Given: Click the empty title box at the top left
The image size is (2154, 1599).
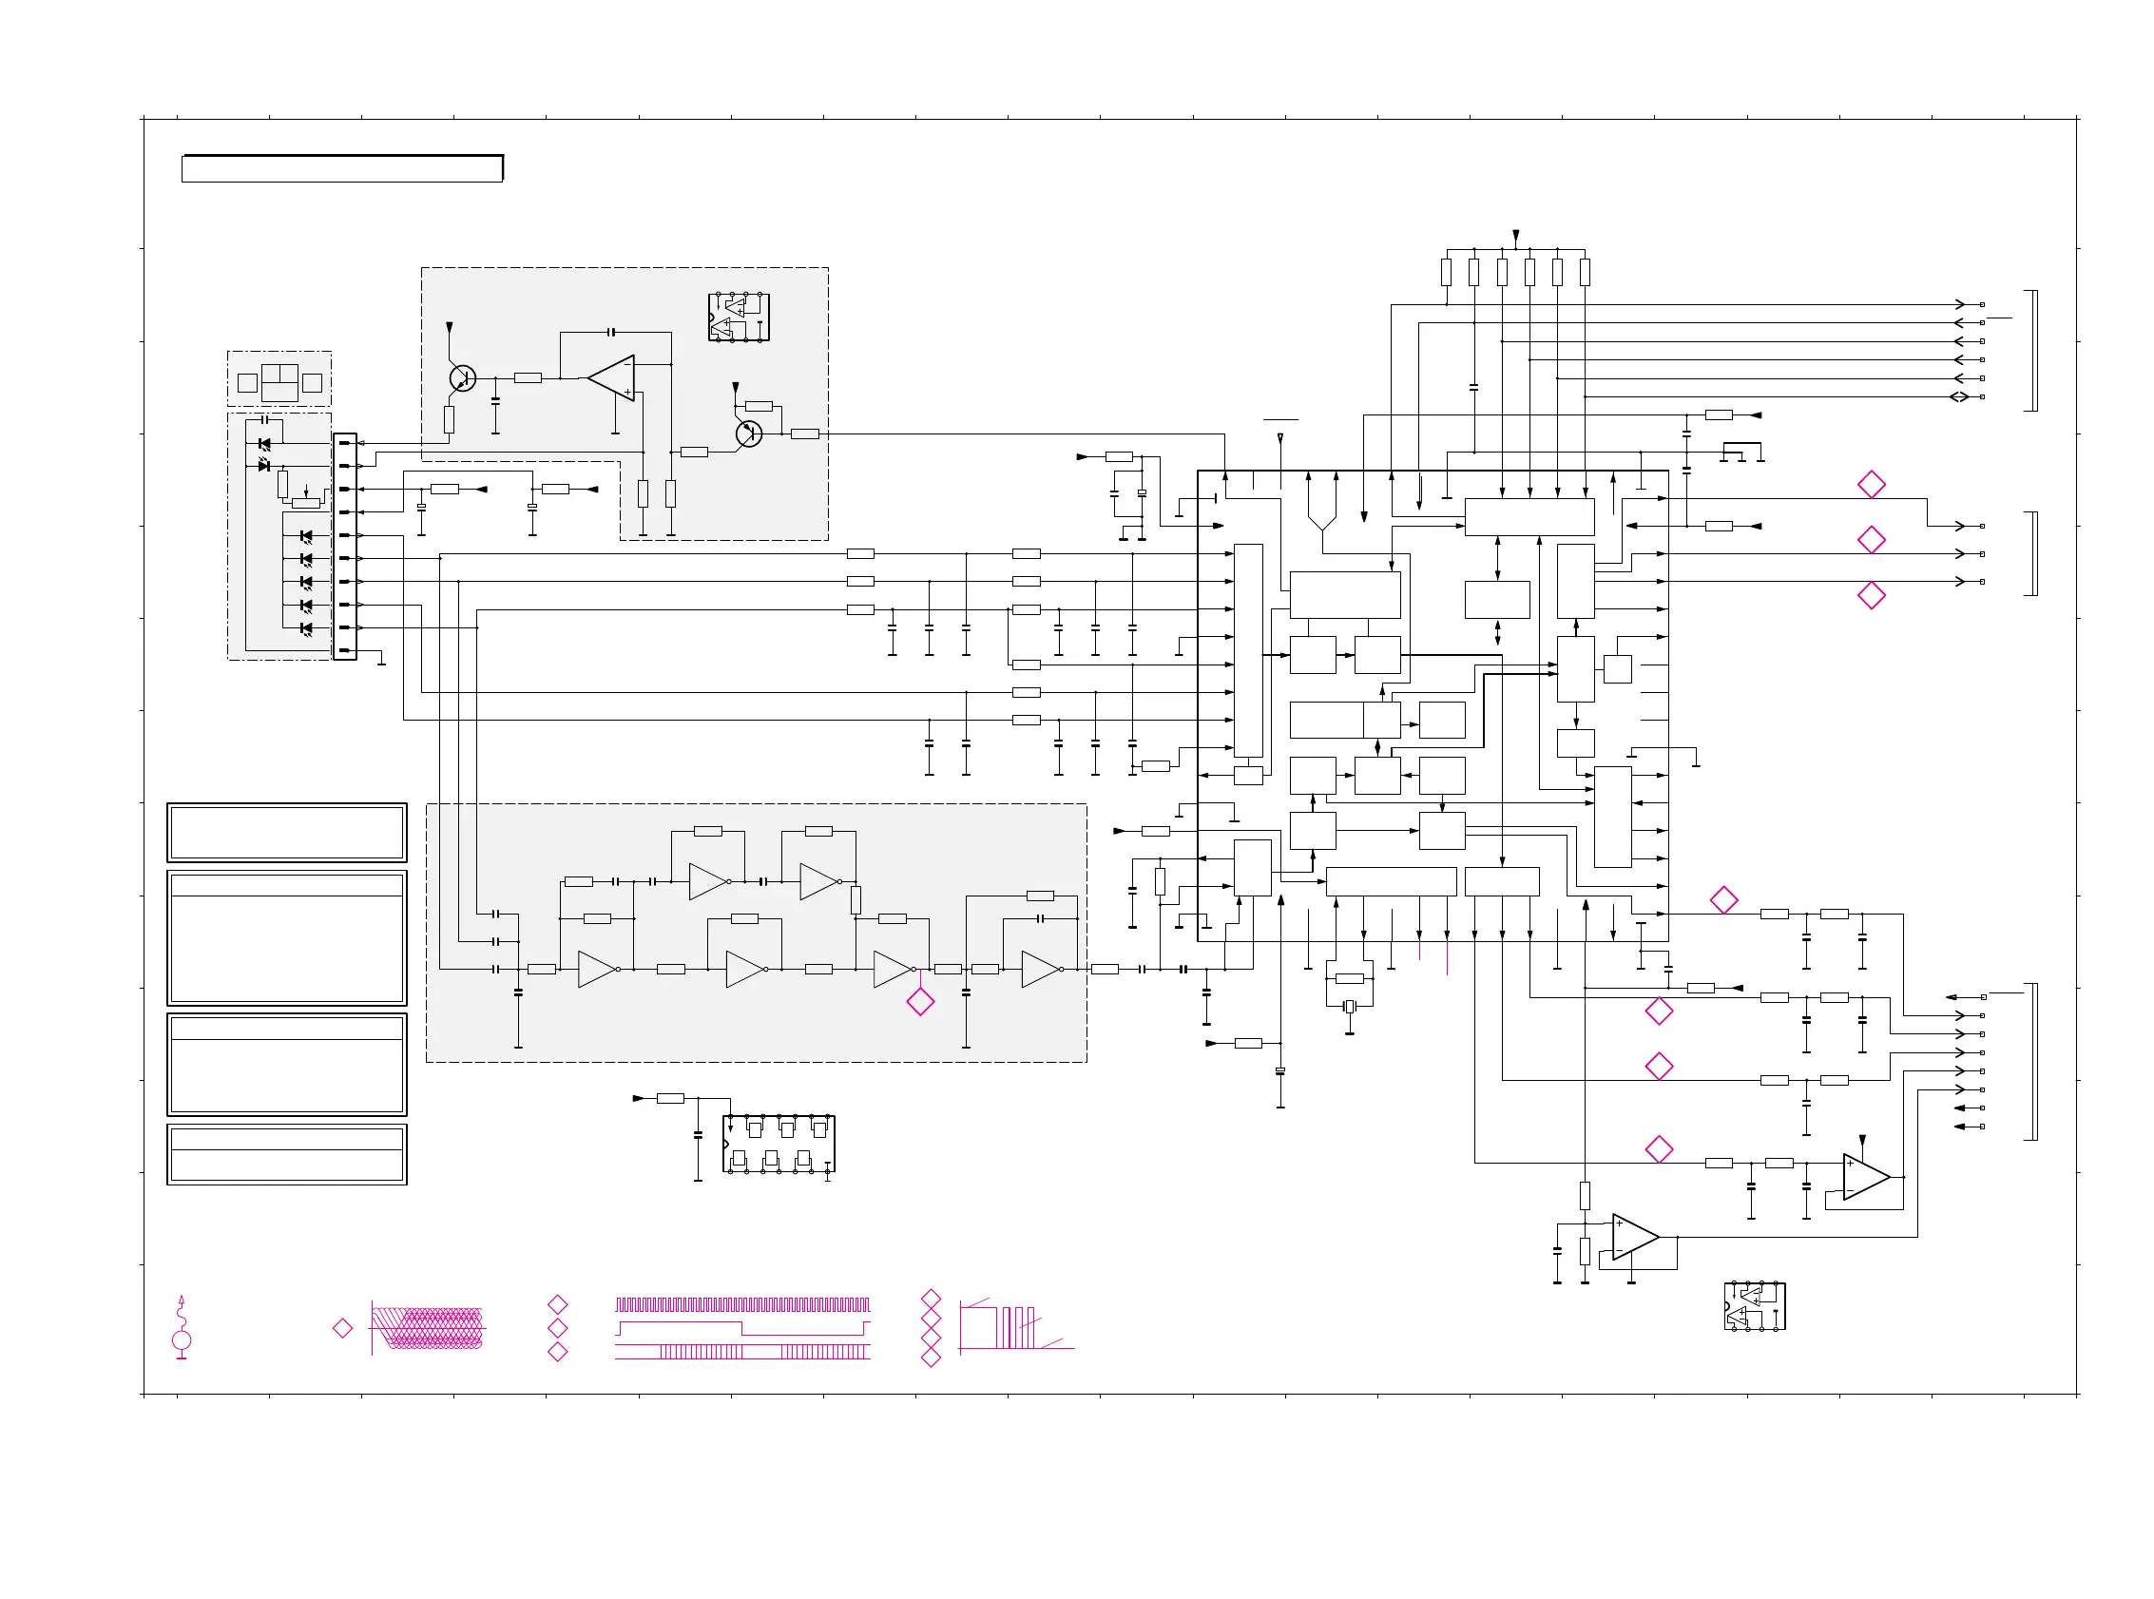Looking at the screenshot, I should click(341, 168).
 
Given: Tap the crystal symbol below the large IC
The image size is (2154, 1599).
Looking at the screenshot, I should click(1349, 1007).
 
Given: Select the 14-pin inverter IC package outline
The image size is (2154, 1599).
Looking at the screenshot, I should click(778, 1143).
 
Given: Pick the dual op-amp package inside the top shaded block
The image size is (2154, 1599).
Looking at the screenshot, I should click(739, 317).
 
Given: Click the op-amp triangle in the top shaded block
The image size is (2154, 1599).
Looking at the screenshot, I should click(612, 377).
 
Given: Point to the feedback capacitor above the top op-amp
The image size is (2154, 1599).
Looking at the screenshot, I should click(610, 332).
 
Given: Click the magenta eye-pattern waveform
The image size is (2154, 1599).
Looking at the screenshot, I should click(428, 1328).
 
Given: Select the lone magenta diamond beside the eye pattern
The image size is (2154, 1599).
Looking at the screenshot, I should click(342, 1328).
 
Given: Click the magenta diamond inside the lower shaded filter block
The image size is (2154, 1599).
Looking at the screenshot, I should click(920, 1002).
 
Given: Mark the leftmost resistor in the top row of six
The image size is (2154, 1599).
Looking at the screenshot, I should click(1446, 272).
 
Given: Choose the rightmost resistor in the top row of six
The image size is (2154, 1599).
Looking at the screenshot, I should click(1584, 272).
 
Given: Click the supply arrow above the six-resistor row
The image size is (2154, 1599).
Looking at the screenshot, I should click(1515, 236).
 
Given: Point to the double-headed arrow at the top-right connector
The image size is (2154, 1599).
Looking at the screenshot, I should click(1958, 396).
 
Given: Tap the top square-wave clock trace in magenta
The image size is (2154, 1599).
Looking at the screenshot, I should click(742, 1303).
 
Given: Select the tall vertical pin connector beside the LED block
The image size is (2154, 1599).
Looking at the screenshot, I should click(344, 546).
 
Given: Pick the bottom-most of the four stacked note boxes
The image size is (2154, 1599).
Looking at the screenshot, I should click(286, 1154).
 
